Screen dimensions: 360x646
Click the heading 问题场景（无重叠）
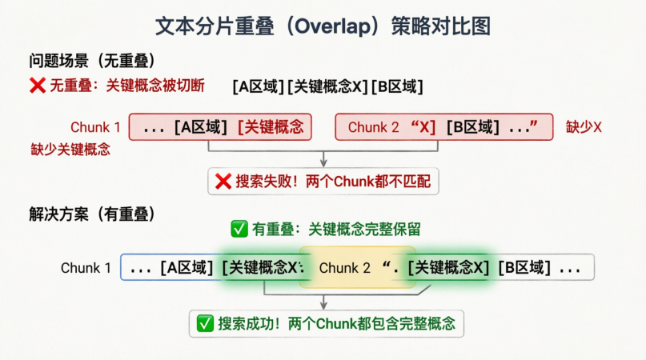pos(92,61)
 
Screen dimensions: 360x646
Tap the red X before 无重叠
pos(37,86)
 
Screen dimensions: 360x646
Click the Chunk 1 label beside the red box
pos(95,127)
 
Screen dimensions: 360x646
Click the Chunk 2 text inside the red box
pos(373,127)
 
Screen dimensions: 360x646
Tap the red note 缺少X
pos(584,126)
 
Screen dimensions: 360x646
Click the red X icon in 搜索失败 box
pos(223,181)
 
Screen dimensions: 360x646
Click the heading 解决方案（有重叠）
pos(92,214)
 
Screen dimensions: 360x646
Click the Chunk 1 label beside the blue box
pos(86,268)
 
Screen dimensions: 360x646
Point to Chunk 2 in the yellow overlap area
pos(344,268)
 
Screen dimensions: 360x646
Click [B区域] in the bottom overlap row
pos(525,268)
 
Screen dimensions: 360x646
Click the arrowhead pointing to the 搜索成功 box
pos(323,306)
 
